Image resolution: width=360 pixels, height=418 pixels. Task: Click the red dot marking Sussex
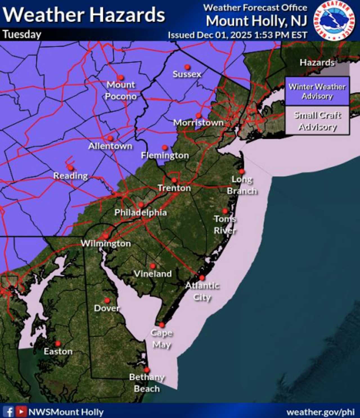[187, 67]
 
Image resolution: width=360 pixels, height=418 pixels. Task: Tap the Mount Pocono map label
[121, 91]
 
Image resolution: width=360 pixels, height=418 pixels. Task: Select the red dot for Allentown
[110, 138]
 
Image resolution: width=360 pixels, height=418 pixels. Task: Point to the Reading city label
[71, 176]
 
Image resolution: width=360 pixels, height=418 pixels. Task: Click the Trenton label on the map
[174, 188]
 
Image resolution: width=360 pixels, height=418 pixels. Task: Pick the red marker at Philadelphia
[141, 205]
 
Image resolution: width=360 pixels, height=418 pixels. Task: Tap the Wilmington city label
[106, 243]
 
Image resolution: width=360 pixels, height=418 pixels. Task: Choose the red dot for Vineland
[152, 266]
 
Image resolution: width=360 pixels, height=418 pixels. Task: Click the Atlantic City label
[202, 291]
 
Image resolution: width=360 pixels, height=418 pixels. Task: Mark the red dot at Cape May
[162, 325]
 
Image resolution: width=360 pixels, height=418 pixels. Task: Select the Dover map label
[107, 308]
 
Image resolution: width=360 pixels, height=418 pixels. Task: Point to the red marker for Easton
[58, 344]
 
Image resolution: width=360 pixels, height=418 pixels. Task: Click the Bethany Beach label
[147, 383]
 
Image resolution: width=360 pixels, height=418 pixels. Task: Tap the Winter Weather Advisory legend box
[317, 91]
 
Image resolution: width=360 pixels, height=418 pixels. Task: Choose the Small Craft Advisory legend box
[317, 121]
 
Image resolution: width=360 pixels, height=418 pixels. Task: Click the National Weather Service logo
[334, 21]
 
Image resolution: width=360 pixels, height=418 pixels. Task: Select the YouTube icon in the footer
[21, 412]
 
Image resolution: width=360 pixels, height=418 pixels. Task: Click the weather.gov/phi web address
[320, 412]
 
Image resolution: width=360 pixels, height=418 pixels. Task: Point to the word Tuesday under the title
[22, 35]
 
